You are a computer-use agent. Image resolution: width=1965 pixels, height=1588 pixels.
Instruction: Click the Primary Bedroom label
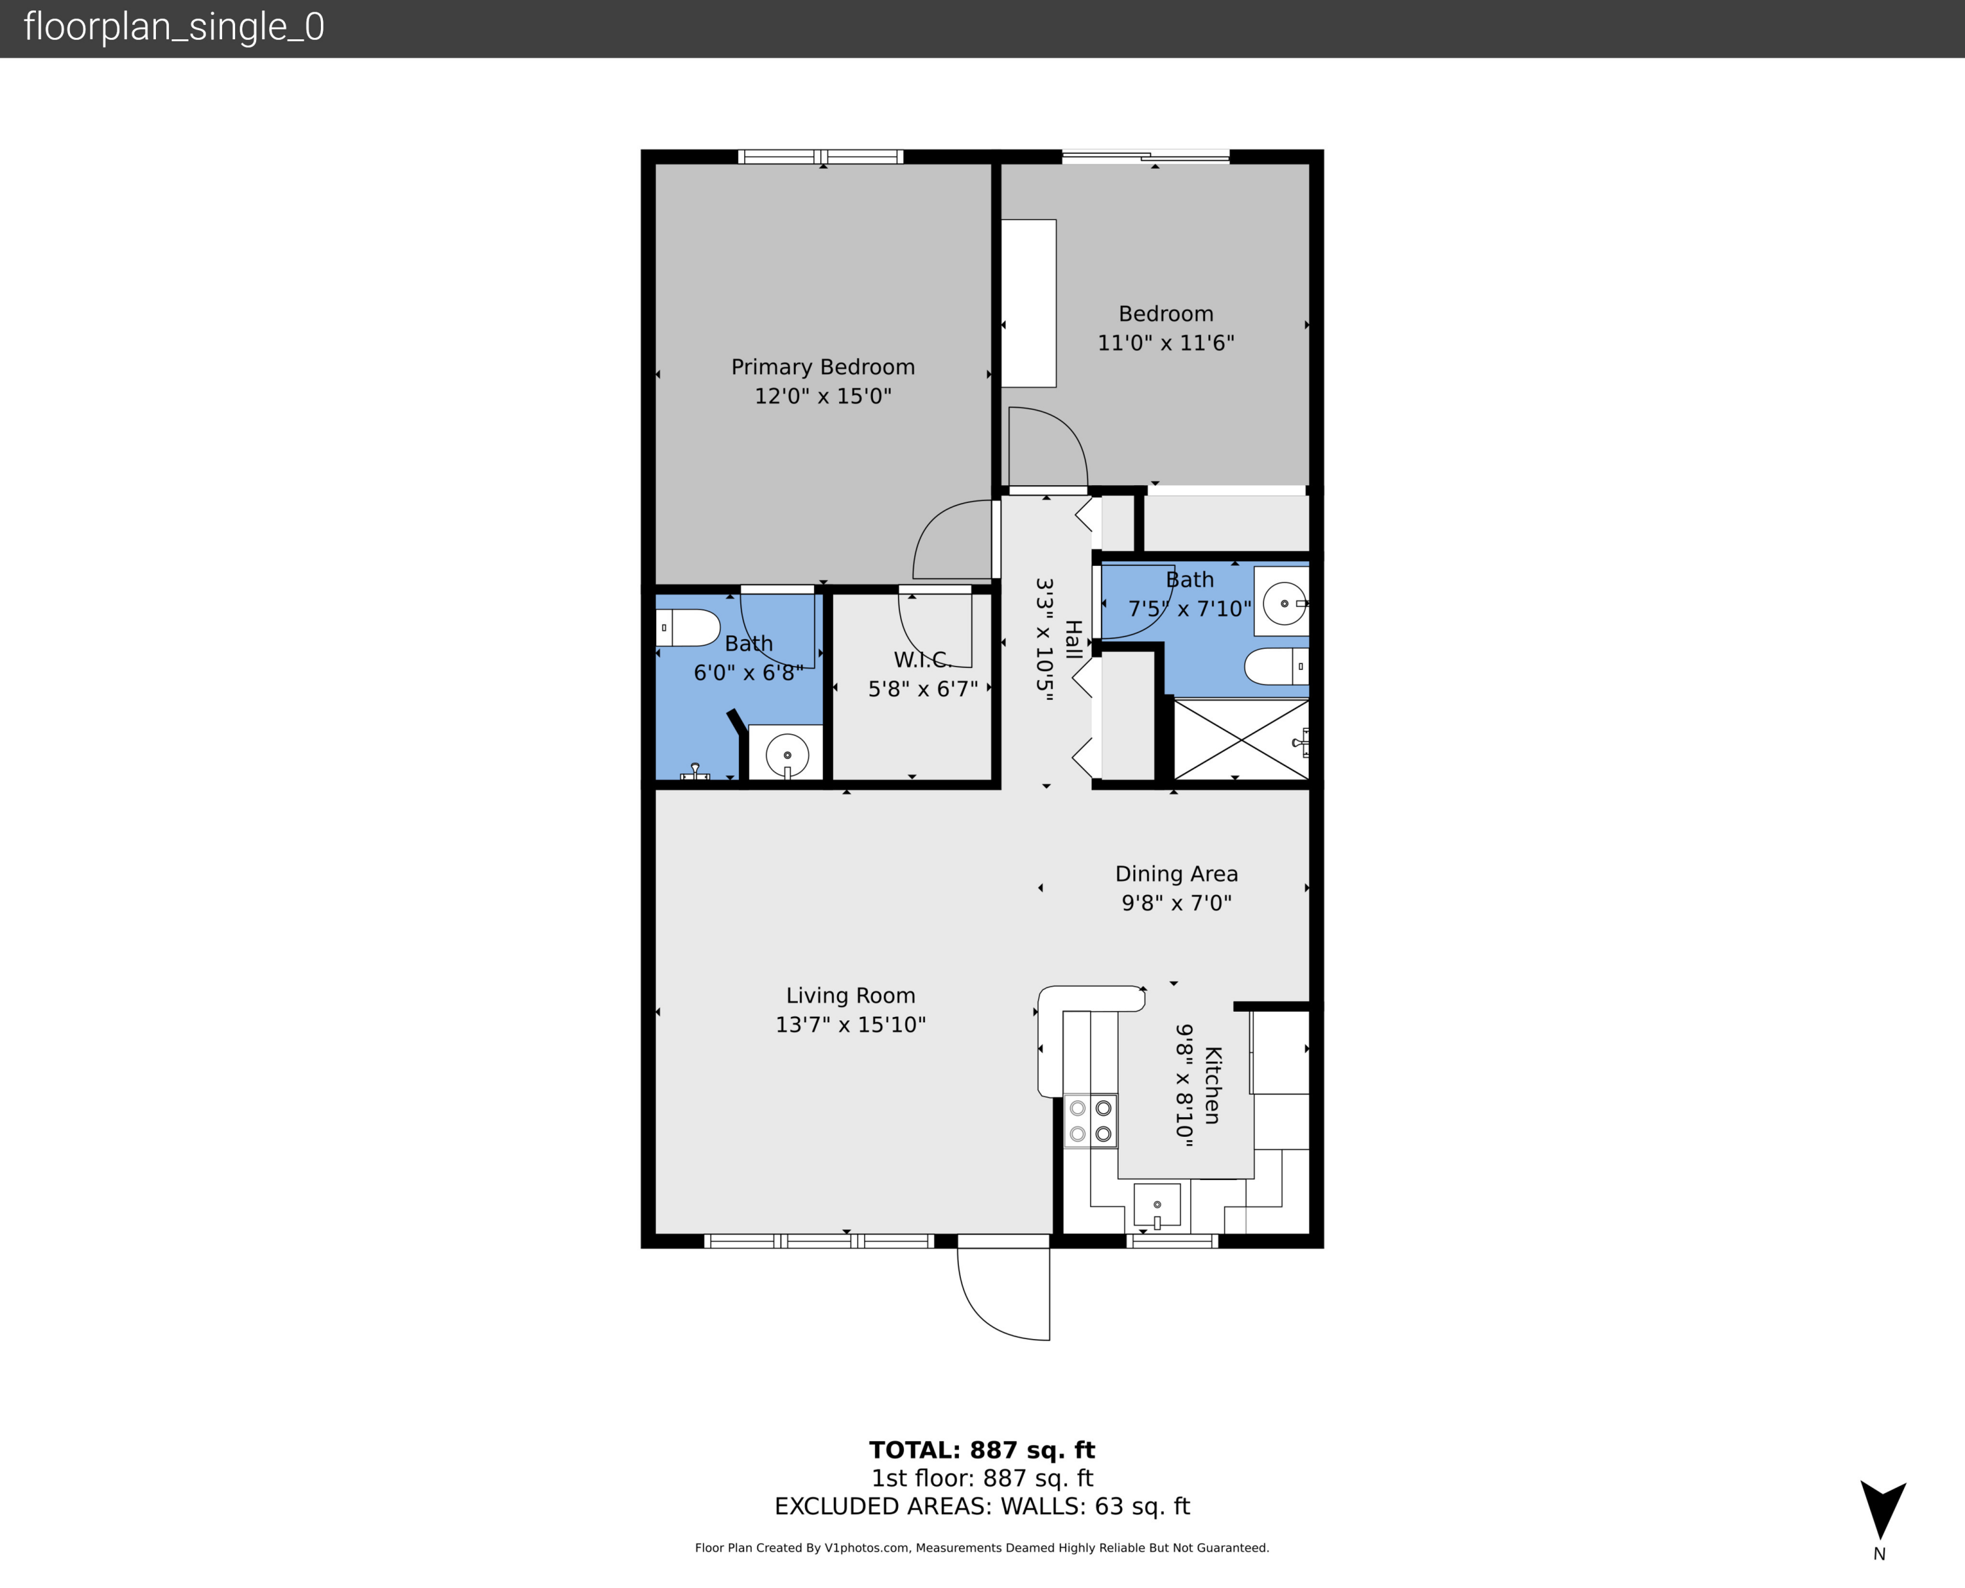[x=823, y=367]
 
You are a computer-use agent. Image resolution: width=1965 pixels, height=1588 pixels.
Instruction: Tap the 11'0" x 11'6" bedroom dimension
[x=1165, y=343]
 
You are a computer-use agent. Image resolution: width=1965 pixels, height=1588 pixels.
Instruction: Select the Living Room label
[x=850, y=995]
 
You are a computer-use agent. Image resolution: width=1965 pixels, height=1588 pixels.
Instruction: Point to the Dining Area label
[x=1176, y=874]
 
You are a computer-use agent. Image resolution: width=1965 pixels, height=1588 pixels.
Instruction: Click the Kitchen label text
[x=1212, y=1085]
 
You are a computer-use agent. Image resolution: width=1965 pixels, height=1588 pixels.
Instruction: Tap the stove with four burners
[x=1091, y=1120]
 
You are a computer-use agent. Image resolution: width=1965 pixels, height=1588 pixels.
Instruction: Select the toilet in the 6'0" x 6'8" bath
[x=688, y=627]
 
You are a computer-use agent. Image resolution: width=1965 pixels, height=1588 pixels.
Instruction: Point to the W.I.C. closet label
[x=922, y=659]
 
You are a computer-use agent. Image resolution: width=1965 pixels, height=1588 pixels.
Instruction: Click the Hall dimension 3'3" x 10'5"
[x=1045, y=638]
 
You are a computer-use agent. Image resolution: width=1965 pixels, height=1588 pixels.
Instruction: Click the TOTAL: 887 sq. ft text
[x=982, y=1450]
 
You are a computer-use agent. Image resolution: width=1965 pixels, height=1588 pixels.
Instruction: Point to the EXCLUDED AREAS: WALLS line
[x=982, y=1507]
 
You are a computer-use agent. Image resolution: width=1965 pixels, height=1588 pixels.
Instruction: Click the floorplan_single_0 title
[x=174, y=28]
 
